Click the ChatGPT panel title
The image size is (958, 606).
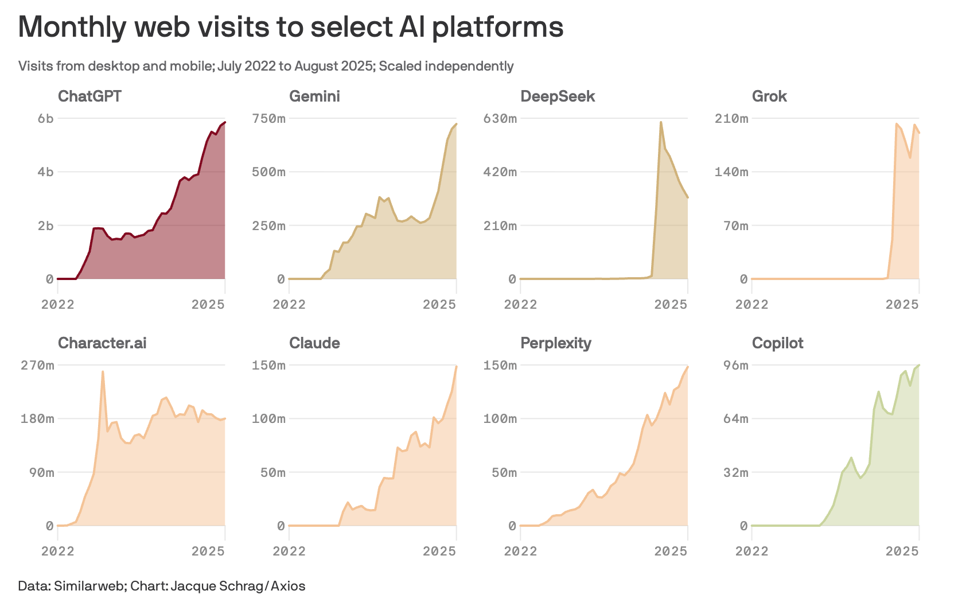tap(89, 96)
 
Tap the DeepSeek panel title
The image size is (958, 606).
tap(557, 96)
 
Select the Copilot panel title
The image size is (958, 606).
tap(777, 343)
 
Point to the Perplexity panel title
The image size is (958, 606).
tap(555, 343)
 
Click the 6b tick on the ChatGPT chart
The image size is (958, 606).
tap(46, 119)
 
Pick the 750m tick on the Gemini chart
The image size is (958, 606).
tap(269, 119)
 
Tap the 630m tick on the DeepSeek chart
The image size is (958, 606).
tap(500, 119)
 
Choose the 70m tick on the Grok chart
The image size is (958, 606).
tap(736, 226)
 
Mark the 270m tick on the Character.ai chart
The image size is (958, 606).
tap(38, 366)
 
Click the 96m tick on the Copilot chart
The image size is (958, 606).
tap(736, 366)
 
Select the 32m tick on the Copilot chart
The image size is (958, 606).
tap(736, 473)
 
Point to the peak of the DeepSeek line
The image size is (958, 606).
tap(661, 122)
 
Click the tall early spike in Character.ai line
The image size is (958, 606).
tap(103, 372)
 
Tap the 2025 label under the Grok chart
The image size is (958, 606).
tap(902, 304)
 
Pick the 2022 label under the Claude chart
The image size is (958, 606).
tap(289, 551)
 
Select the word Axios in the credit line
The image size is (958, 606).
tap(288, 586)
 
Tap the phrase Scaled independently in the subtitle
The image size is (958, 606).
tap(446, 66)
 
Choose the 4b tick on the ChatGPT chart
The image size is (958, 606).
tap(46, 172)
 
